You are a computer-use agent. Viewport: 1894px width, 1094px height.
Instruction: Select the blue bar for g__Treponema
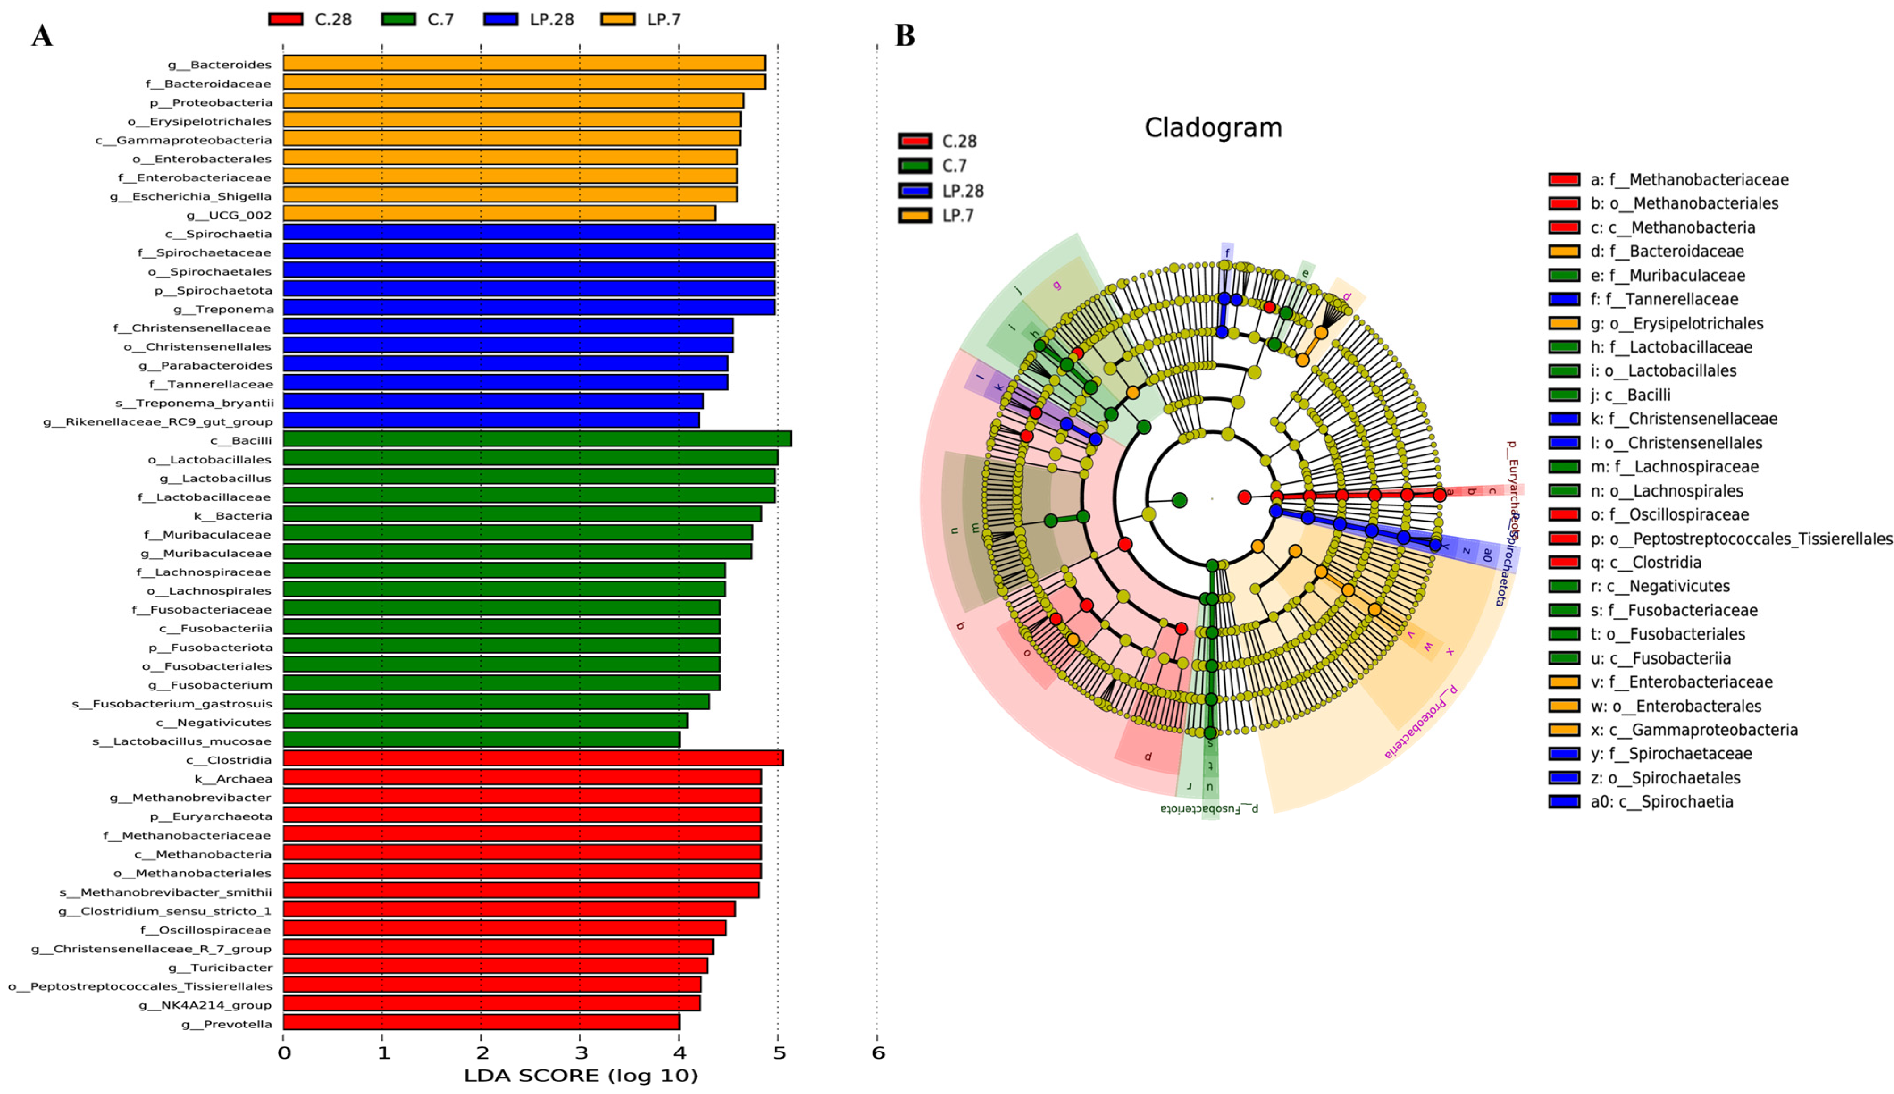(x=529, y=307)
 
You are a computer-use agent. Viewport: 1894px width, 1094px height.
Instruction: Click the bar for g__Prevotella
(x=481, y=1022)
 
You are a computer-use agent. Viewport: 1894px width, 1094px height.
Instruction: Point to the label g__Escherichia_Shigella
(x=191, y=196)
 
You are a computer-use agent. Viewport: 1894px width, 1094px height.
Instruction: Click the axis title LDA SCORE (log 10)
(x=581, y=1076)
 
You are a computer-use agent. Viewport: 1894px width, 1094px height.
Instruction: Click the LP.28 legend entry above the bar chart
(x=529, y=20)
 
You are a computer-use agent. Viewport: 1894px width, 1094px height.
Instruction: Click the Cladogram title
(x=1213, y=128)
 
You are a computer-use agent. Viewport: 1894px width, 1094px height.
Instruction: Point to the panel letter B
(x=905, y=35)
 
